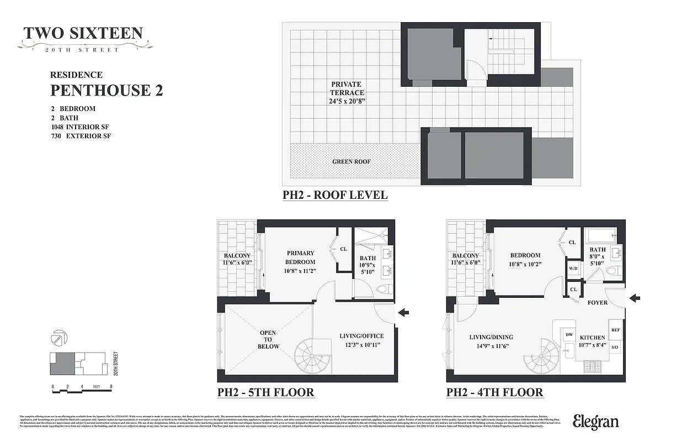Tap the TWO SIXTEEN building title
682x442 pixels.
coord(83,34)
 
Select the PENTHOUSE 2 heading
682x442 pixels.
coord(106,90)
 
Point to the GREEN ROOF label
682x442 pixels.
coord(351,162)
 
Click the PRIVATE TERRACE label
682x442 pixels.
coord(348,93)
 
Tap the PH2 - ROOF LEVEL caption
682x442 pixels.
coord(335,195)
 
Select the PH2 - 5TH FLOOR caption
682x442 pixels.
coord(265,393)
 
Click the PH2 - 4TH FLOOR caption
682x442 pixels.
coord(494,393)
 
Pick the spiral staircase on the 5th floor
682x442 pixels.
coord(312,356)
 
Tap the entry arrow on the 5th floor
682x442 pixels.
coord(404,313)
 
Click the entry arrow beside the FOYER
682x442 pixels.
coord(635,298)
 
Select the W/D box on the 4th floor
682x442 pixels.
coord(573,270)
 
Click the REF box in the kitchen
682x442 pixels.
coord(616,330)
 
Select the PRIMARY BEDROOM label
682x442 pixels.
coord(300,257)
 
